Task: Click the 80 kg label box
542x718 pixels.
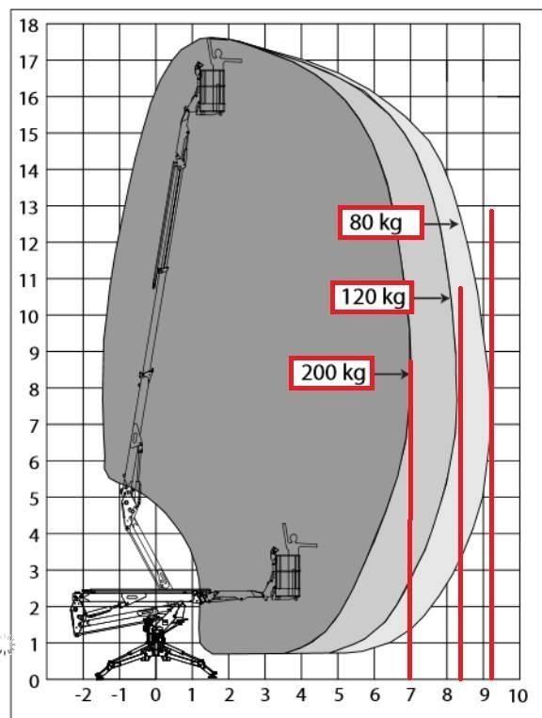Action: coord(381,222)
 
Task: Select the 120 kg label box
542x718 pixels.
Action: coord(373,297)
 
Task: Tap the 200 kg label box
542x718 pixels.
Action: coord(331,374)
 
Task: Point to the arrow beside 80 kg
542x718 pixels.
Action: coord(440,224)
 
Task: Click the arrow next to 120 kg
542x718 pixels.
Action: coord(432,298)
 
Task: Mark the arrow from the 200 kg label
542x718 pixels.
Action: coord(391,375)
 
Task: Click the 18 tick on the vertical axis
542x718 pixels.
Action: coord(29,25)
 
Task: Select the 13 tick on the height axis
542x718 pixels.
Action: coord(29,207)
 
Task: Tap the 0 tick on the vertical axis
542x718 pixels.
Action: coord(34,681)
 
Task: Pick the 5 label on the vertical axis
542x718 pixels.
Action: coord(34,499)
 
